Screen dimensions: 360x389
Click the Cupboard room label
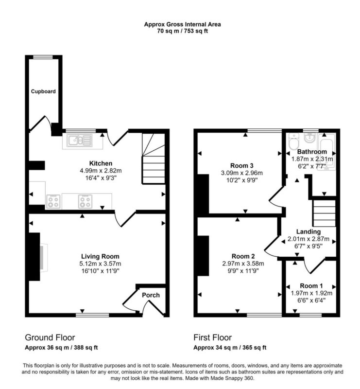click(43, 91)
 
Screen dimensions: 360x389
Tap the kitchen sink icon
click(80, 140)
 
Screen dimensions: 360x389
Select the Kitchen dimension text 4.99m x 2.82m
click(101, 171)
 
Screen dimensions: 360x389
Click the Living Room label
click(100, 256)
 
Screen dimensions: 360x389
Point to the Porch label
click(151, 295)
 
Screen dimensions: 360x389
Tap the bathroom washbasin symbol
click(309, 138)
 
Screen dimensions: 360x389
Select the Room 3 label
click(242, 165)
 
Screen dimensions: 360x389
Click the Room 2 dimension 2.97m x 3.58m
click(243, 264)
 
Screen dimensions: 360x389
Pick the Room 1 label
click(311, 286)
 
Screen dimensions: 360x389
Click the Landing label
click(309, 232)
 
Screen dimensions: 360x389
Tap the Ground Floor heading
click(50, 337)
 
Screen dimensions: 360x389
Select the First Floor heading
click(212, 337)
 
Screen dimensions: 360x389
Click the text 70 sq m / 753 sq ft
click(183, 31)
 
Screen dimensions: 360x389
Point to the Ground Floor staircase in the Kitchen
click(154, 159)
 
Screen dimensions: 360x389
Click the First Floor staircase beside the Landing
click(325, 213)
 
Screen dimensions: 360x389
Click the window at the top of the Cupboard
click(43, 57)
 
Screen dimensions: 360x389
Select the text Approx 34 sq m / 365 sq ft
click(230, 347)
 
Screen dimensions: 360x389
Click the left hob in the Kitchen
click(53, 201)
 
